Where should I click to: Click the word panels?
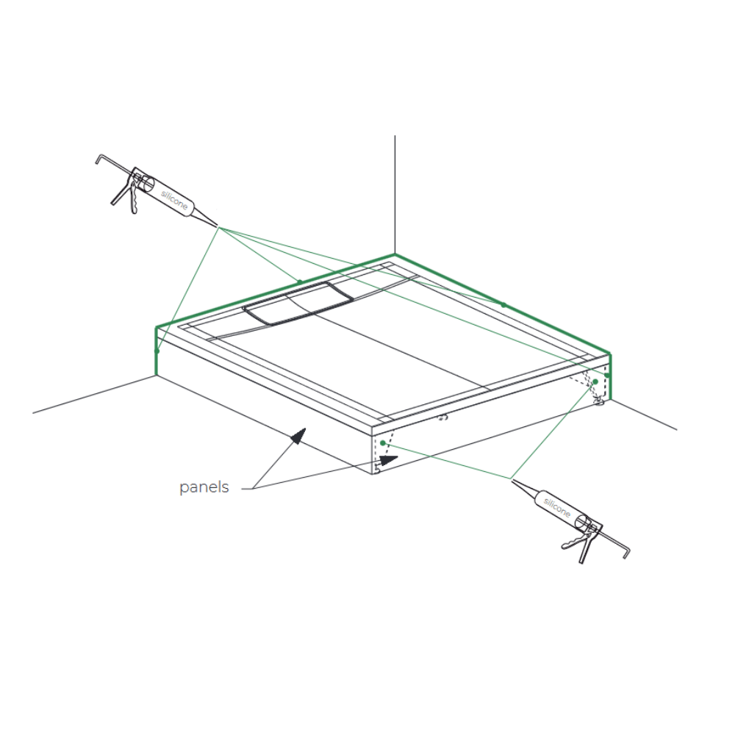coord(204,487)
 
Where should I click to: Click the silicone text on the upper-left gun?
coord(174,200)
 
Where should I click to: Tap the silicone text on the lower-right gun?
coord(557,508)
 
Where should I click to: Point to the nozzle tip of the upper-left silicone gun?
coord(217,226)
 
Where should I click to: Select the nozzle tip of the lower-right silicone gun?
coord(512,480)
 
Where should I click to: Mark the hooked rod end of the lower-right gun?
coord(626,552)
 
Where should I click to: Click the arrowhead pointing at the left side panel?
coord(298,435)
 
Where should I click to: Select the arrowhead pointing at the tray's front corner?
coord(389,460)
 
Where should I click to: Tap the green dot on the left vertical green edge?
coord(157,351)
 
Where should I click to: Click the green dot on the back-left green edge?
coord(300,282)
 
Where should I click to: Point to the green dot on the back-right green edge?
coord(503,305)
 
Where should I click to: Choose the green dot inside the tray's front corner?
coord(383,443)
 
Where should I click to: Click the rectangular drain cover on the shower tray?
coord(298,304)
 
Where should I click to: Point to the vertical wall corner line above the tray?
coord(395,195)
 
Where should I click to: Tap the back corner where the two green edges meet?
coord(395,255)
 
